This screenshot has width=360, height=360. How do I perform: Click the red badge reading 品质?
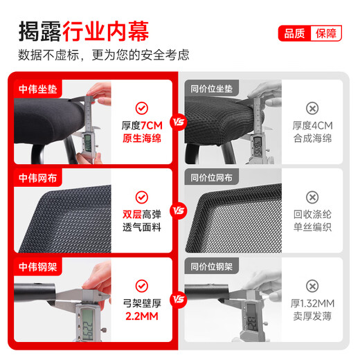click(x=294, y=34)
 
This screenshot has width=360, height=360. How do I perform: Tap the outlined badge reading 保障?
click(x=325, y=34)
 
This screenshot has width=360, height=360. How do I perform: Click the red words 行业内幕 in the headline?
click(x=106, y=31)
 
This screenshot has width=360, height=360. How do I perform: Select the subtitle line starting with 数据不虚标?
click(x=104, y=55)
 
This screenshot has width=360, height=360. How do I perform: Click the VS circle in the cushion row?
click(x=179, y=123)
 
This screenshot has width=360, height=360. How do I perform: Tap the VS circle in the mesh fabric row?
click(x=179, y=211)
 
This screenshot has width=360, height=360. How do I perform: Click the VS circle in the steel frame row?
click(x=179, y=300)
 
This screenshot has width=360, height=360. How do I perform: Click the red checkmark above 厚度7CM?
click(x=141, y=107)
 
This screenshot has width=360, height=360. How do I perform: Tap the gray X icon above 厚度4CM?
click(x=312, y=108)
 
